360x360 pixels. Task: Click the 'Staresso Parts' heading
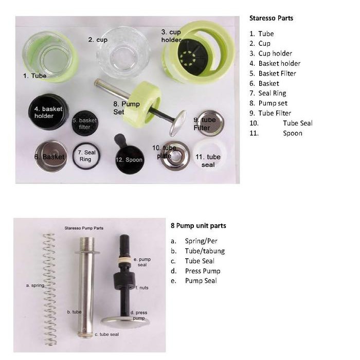click(271, 18)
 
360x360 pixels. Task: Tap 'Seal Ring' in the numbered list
click(272, 93)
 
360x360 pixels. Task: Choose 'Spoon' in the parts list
click(293, 133)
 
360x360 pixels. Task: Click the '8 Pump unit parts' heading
click(198, 226)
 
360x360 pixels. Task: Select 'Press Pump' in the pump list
click(203, 271)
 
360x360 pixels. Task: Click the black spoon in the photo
click(128, 157)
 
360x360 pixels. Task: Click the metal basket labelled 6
click(51, 156)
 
